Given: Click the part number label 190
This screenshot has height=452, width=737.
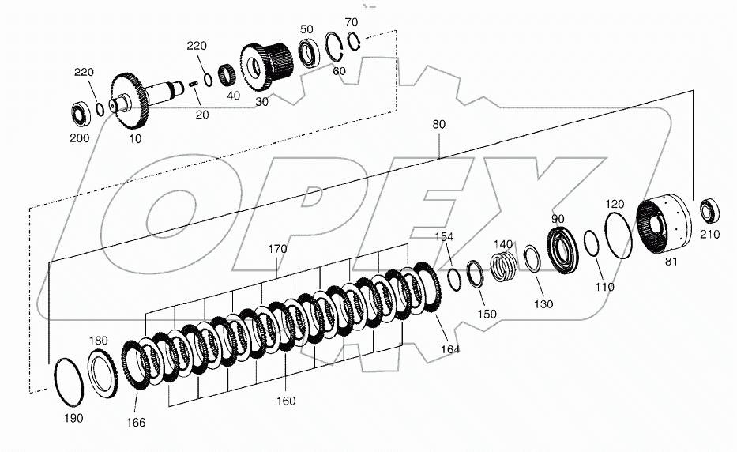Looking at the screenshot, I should (72, 417).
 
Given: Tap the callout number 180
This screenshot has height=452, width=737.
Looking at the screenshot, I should (98, 341).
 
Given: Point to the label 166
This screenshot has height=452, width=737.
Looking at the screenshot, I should (136, 423).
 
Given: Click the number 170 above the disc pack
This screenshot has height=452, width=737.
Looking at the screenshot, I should (276, 249).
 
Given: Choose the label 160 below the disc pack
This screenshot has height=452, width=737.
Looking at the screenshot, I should (286, 401).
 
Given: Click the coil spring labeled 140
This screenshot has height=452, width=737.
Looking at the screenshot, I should (503, 262).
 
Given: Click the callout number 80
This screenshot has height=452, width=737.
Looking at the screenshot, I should (439, 124).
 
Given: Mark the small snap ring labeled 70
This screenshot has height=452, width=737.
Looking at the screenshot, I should (354, 41).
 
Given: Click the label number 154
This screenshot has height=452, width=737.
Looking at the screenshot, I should (445, 237).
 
